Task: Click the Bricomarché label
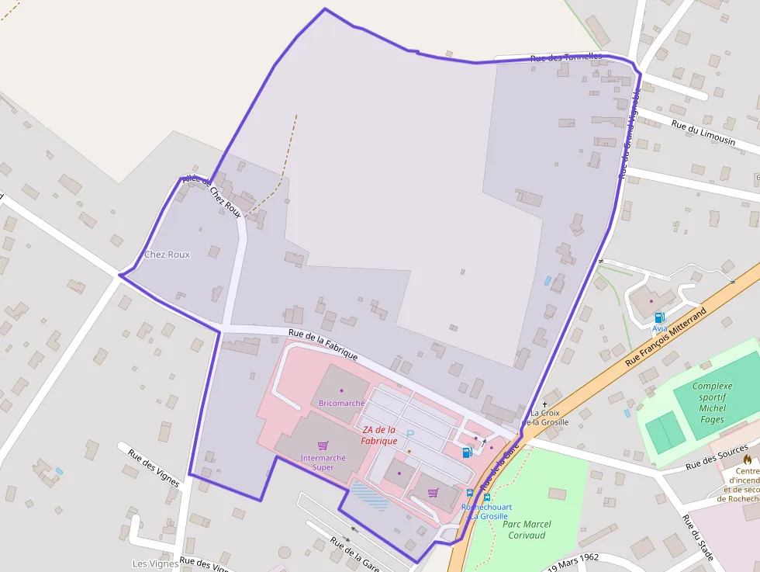tap(341, 404)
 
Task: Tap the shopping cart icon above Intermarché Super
tap(323, 445)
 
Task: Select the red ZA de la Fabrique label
tap(378, 435)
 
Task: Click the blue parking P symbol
tap(410, 435)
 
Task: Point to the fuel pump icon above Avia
tap(659, 317)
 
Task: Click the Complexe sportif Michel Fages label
tap(712, 403)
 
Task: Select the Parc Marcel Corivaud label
tap(527, 529)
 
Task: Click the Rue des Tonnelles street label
tap(566, 57)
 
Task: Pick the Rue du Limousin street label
tap(703, 133)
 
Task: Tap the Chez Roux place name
tap(167, 255)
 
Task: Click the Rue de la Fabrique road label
tap(323, 345)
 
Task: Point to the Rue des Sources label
tap(717, 460)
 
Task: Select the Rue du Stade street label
tap(697, 536)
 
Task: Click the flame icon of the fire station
tap(748, 459)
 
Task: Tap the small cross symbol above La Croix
tap(544, 404)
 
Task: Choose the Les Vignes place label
tap(150, 563)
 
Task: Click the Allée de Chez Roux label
tap(212, 196)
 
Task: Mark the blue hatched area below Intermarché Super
tap(369, 495)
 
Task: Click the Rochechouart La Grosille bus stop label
tap(485, 511)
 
